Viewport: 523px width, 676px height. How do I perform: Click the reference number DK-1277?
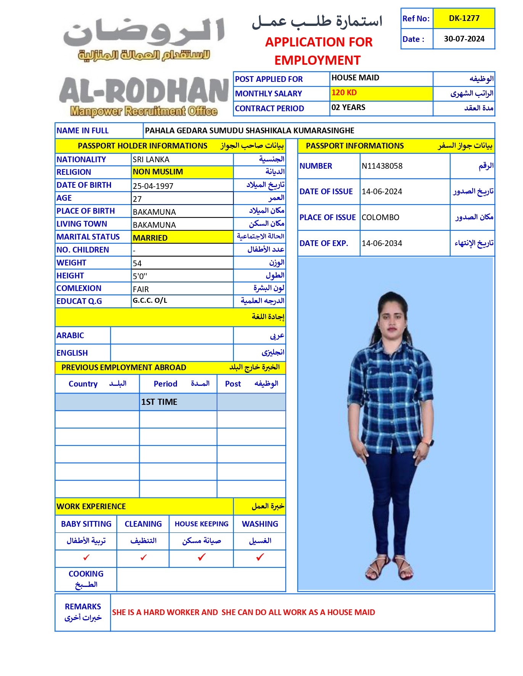point(464,18)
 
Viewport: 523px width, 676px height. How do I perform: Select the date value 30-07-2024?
point(464,39)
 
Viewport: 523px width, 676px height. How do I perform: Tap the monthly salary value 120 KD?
point(344,93)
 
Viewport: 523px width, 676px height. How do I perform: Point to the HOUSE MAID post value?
point(355,78)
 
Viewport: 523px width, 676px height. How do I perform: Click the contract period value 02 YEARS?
point(348,107)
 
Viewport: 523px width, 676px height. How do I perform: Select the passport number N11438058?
point(382,166)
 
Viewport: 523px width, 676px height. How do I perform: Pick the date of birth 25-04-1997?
point(153,186)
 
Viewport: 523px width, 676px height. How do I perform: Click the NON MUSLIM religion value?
point(158,172)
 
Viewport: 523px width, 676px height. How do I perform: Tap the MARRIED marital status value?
point(150,238)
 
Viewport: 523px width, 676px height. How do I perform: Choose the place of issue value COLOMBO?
point(380,217)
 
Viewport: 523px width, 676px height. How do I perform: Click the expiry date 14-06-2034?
point(382,243)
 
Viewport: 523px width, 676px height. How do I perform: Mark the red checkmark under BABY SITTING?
point(86,558)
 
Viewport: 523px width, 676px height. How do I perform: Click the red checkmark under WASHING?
point(260,557)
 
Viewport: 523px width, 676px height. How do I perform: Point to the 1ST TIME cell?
point(159,402)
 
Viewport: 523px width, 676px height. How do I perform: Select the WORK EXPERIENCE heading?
point(91,507)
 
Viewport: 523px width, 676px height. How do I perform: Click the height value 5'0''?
point(140,276)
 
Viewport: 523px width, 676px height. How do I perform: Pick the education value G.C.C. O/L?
point(150,300)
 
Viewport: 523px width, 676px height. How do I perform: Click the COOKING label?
point(86,574)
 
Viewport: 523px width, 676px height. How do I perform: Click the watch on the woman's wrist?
point(431,442)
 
